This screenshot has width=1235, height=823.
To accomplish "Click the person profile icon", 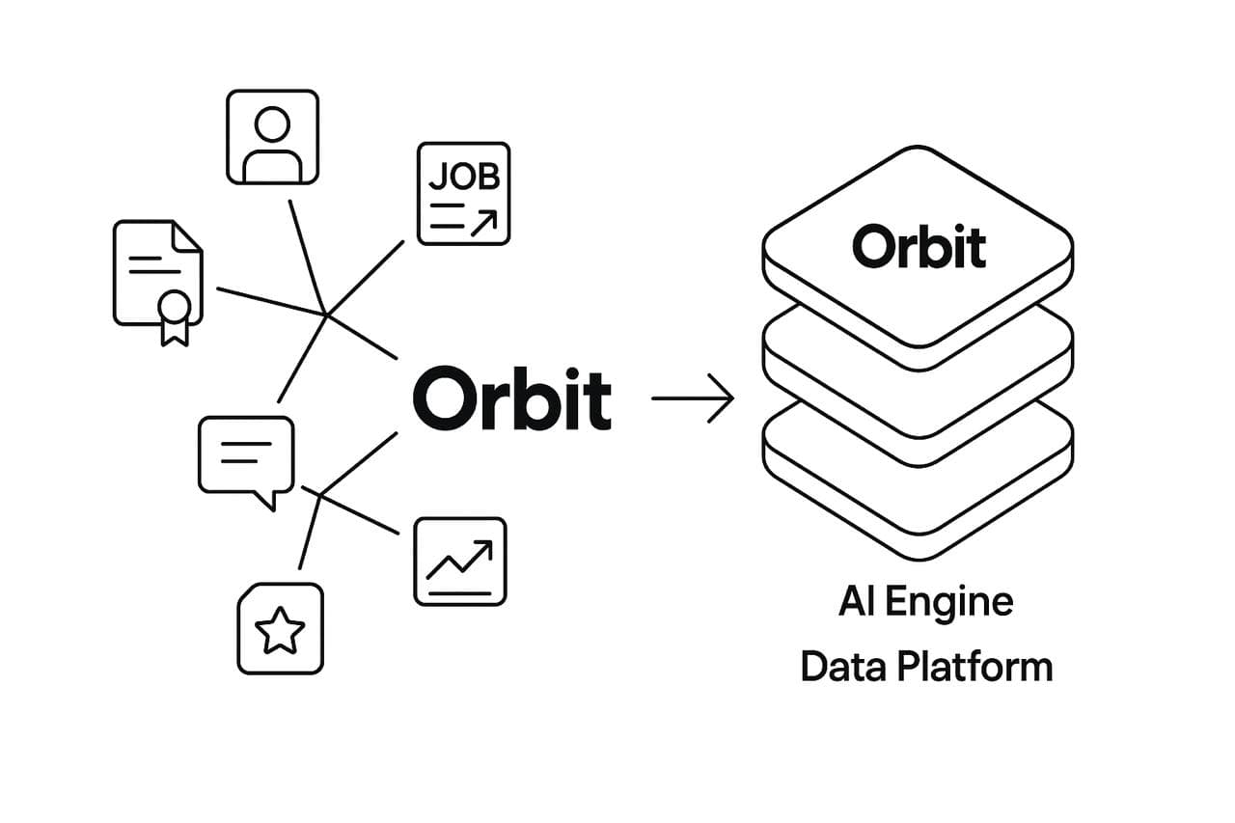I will point(272,137).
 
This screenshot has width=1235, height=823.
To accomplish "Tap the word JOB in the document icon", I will point(463,177).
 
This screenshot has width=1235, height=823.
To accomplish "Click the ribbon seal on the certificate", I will point(175,310).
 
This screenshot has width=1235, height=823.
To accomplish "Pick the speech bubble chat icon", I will point(245,455).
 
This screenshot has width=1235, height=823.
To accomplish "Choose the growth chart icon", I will point(460,562).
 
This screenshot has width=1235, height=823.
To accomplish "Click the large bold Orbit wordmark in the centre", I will point(511,398).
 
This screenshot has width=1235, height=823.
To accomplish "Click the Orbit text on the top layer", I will point(919,246).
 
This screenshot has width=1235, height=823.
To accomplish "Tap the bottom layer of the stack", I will point(918,502).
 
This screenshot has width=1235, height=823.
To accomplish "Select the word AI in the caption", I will point(856,602).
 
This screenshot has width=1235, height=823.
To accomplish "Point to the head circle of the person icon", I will point(272,124).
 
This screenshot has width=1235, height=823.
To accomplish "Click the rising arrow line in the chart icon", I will point(460,559).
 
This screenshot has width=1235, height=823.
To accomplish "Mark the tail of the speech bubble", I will point(266,501).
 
